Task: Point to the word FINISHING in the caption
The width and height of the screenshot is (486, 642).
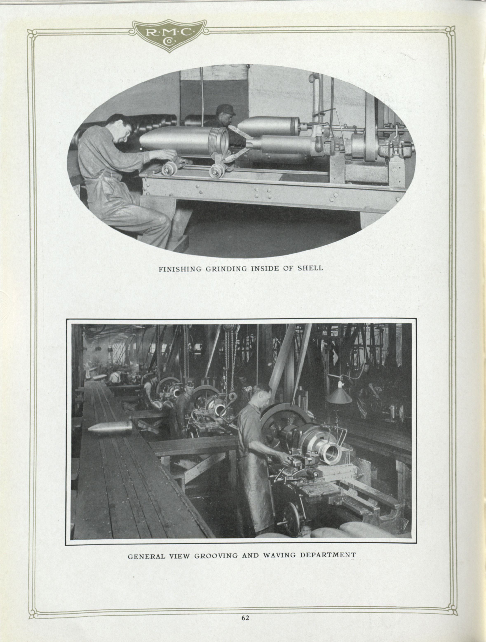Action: pyautogui.click(x=180, y=269)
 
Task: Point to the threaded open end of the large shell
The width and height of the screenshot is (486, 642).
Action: pyautogui.click(x=221, y=141)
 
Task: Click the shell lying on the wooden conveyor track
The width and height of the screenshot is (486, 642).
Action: pyautogui.click(x=110, y=428)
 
